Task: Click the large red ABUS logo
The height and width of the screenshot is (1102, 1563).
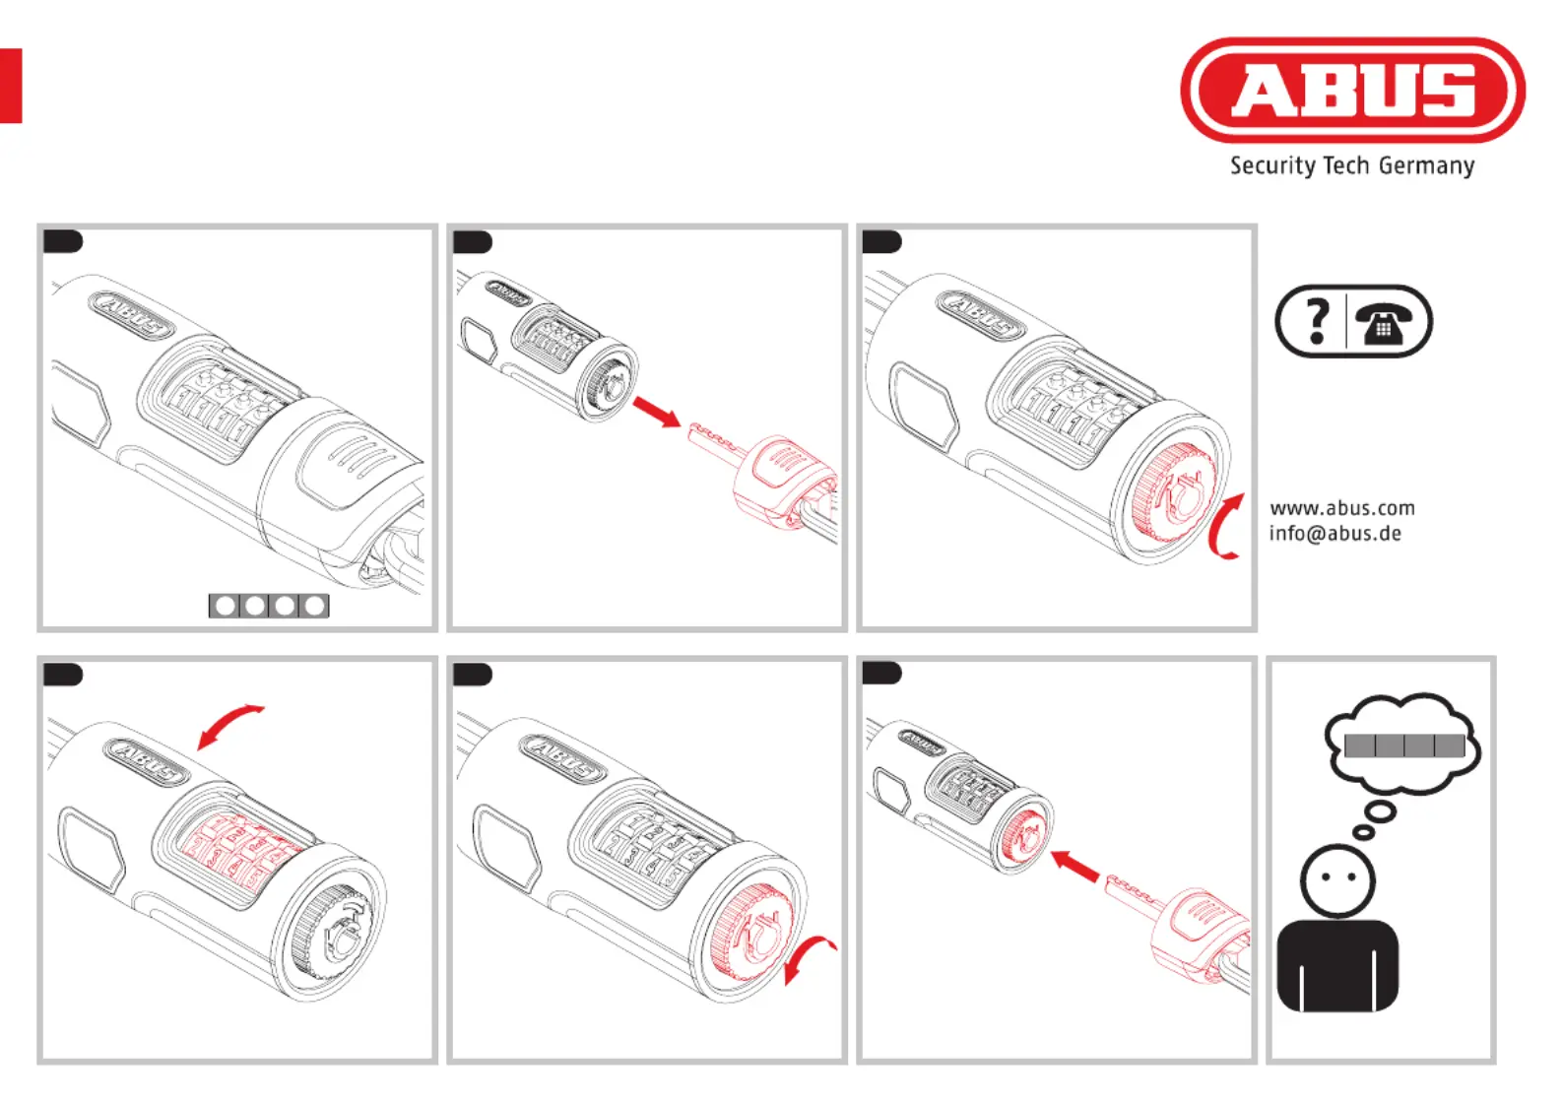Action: pyautogui.click(x=1352, y=90)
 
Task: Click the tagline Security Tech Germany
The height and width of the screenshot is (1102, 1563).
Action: pyautogui.click(x=1352, y=166)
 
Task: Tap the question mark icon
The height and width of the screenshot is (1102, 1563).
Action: pyautogui.click(x=1317, y=322)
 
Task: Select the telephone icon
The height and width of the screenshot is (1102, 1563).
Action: pyautogui.click(x=1383, y=322)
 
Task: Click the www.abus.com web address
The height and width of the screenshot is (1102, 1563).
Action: pyautogui.click(x=1341, y=508)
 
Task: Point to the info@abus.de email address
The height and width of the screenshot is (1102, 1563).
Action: pyautogui.click(x=1335, y=534)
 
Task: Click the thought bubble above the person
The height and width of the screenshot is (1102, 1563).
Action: pyautogui.click(x=1401, y=745)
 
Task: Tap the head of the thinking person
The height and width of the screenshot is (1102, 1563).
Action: pyautogui.click(x=1336, y=880)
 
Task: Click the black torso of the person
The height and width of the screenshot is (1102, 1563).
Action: pyautogui.click(x=1337, y=967)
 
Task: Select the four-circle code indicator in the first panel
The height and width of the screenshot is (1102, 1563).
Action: pyautogui.click(x=269, y=606)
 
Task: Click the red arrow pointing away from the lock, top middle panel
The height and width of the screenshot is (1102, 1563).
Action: pyautogui.click(x=657, y=412)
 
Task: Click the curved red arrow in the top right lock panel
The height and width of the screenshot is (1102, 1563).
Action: pyautogui.click(x=1222, y=527)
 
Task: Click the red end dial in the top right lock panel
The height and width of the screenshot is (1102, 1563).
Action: pyautogui.click(x=1172, y=492)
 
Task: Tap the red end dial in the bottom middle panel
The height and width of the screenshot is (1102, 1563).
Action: pyautogui.click(x=752, y=931)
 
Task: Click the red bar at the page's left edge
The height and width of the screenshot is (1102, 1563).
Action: pyautogui.click(x=11, y=86)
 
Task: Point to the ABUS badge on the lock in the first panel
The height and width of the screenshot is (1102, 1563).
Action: pyautogui.click(x=130, y=315)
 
